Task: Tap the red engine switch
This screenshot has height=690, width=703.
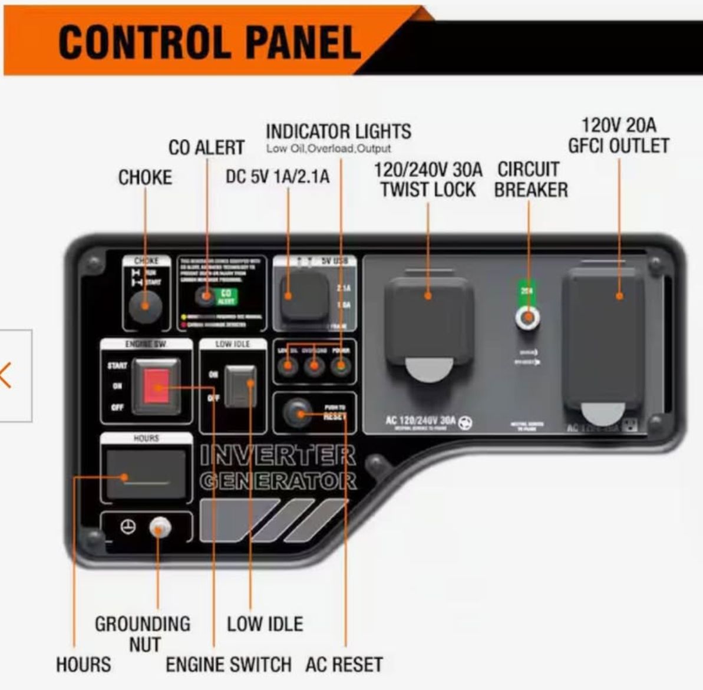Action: point(156,387)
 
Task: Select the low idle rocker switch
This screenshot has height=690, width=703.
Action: point(240,387)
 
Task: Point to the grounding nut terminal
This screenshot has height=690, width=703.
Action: point(159,527)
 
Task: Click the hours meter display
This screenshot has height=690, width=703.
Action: point(146,475)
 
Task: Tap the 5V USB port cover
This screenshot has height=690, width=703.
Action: point(304,297)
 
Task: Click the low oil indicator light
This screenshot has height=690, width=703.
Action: point(288,367)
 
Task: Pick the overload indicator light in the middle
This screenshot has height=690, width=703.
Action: point(314,367)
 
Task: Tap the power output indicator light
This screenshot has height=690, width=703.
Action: point(340,367)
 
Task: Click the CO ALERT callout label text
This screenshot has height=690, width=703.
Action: point(206,147)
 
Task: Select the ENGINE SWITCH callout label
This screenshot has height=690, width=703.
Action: point(228,665)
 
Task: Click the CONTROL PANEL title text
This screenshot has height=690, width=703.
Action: point(209,42)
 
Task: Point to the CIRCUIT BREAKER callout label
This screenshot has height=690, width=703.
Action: point(530,180)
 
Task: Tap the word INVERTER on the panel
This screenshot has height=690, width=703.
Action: point(278,455)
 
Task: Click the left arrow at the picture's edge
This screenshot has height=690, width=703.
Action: point(6,375)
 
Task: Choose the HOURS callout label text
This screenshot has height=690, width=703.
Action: point(83,665)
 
